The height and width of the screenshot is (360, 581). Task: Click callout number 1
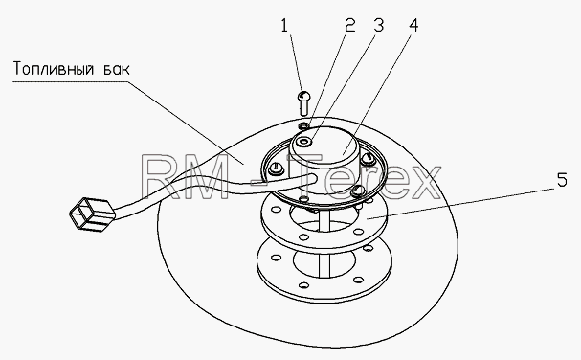pyautogui.click(x=284, y=26)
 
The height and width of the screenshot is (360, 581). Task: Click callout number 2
pyautogui.click(x=349, y=26)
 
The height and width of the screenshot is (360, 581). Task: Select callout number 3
pyautogui.click(x=378, y=26)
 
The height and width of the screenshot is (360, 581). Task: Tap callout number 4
pyautogui.click(x=413, y=26)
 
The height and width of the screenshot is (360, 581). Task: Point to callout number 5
pyautogui.click(x=562, y=180)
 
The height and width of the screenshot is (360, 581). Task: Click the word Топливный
pyautogui.click(x=53, y=69)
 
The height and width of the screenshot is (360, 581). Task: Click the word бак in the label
pyautogui.click(x=117, y=69)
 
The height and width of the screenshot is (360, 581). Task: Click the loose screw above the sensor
pyautogui.click(x=303, y=102)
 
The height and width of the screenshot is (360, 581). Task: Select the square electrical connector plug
pyautogui.click(x=92, y=214)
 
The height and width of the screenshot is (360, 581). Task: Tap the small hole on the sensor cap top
pyautogui.click(x=306, y=142)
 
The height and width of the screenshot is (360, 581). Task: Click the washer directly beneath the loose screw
pyautogui.click(x=303, y=125)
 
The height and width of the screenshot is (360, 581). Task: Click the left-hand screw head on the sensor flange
pyautogui.click(x=276, y=169)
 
